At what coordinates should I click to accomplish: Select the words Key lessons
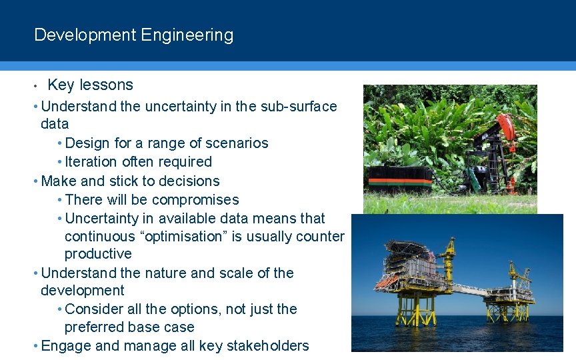coord(90,85)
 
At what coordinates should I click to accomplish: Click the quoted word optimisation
coord(183,237)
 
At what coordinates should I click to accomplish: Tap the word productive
coord(98,254)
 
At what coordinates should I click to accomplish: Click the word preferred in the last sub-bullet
coord(91,327)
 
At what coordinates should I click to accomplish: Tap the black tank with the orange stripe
coord(399,177)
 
